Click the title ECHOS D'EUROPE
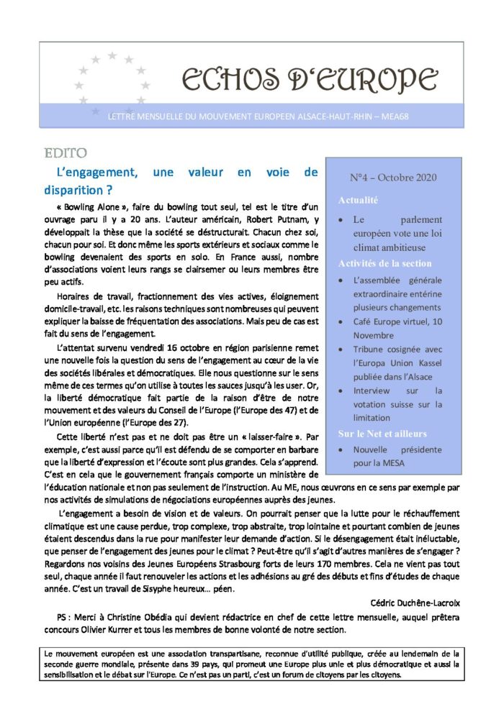[309, 81]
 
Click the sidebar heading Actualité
[358, 200]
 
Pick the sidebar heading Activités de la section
[385, 263]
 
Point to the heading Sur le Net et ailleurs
[382, 434]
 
